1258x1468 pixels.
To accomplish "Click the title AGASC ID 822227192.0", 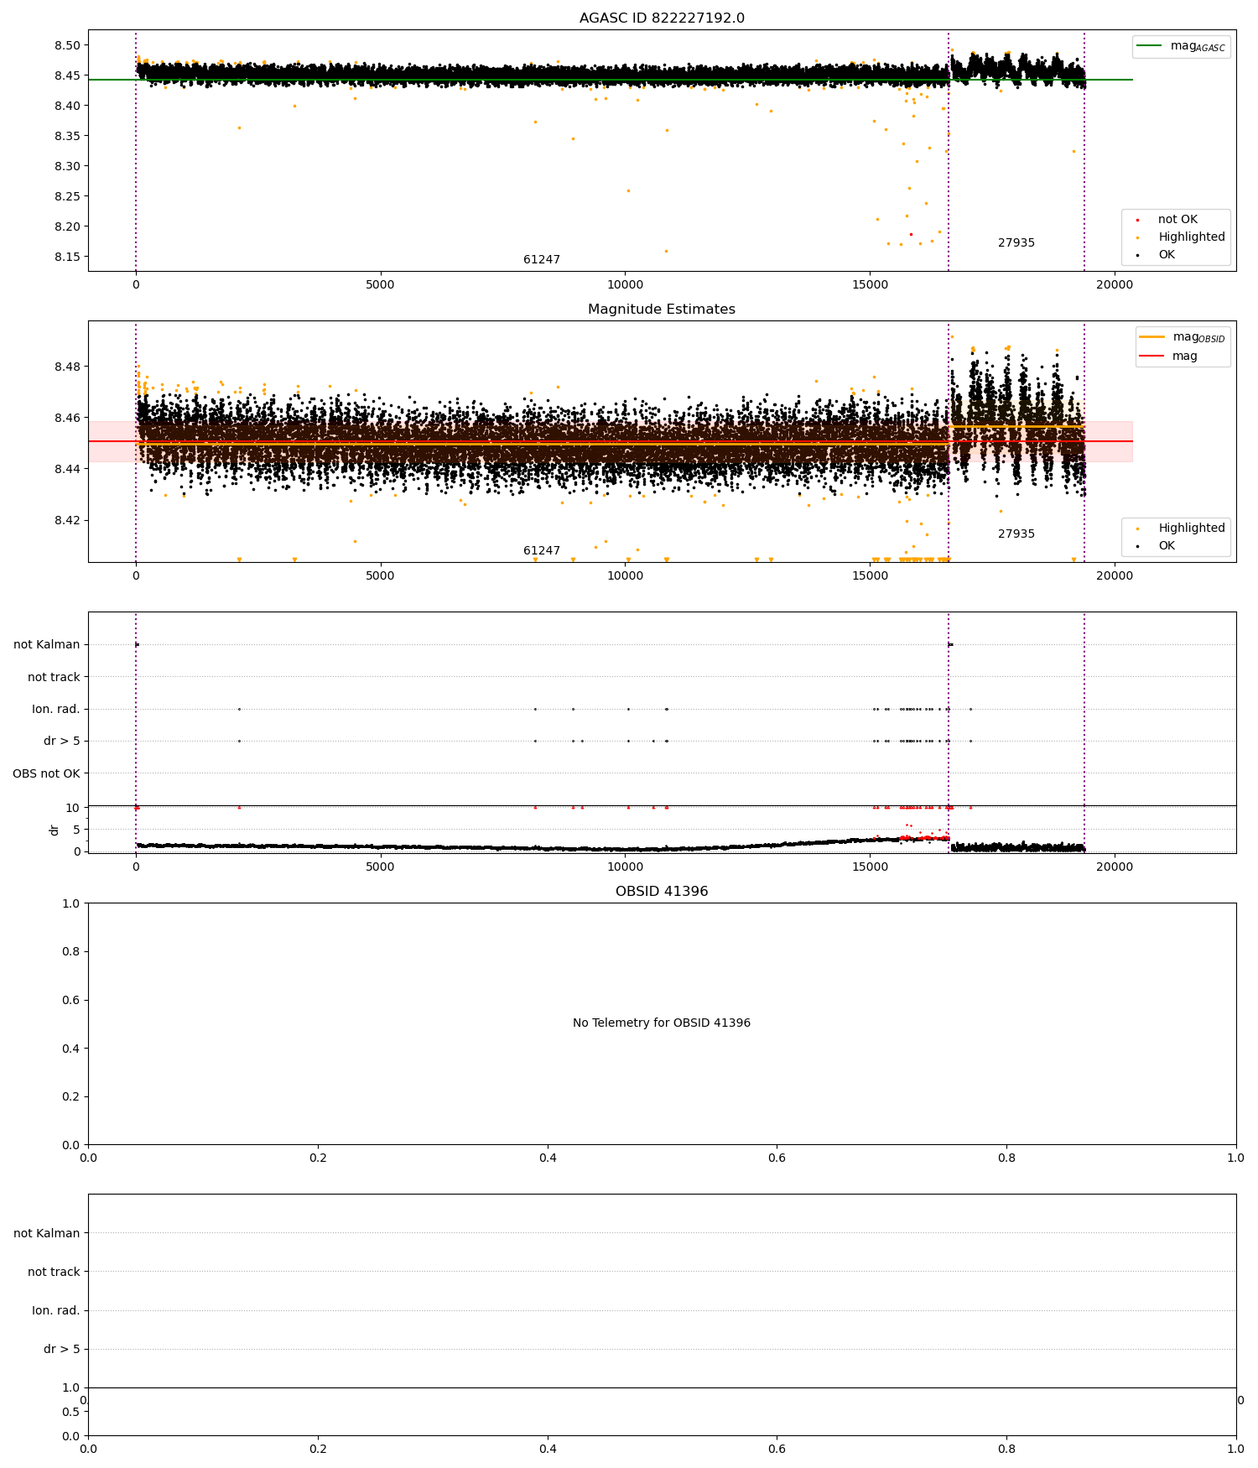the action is [x=662, y=18].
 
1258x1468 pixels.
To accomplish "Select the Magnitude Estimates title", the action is [x=662, y=310].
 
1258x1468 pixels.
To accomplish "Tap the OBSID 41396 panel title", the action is [x=662, y=892].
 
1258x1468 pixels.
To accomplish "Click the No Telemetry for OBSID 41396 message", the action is [x=662, y=1023].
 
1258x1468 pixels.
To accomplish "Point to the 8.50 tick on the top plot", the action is [x=67, y=45].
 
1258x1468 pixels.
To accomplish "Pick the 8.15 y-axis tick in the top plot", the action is [x=67, y=257].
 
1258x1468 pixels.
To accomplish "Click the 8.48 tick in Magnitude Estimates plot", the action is [x=67, y=367].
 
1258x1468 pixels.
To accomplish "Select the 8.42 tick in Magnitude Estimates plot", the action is [x=67, y=520].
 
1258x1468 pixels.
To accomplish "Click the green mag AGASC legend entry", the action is [x=1181, y=46].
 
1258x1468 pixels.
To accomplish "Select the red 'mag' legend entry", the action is [x=1168, y=357].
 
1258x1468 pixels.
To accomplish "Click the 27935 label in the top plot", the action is [x=1016, y=243].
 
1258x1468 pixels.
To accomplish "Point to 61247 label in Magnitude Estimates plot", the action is [x=542, y=551].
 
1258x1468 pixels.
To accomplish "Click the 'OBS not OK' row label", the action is [x=47, y=773].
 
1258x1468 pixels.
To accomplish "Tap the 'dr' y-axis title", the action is [x=55, y=830].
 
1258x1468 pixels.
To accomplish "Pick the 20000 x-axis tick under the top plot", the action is [x=1115, y=284].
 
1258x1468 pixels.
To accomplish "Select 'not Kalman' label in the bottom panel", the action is [x=47, y=1233].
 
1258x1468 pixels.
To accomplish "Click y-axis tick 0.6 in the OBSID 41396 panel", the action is [x=71, y=1000].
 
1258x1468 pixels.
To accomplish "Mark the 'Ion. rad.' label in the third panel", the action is [x=56, y=710].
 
